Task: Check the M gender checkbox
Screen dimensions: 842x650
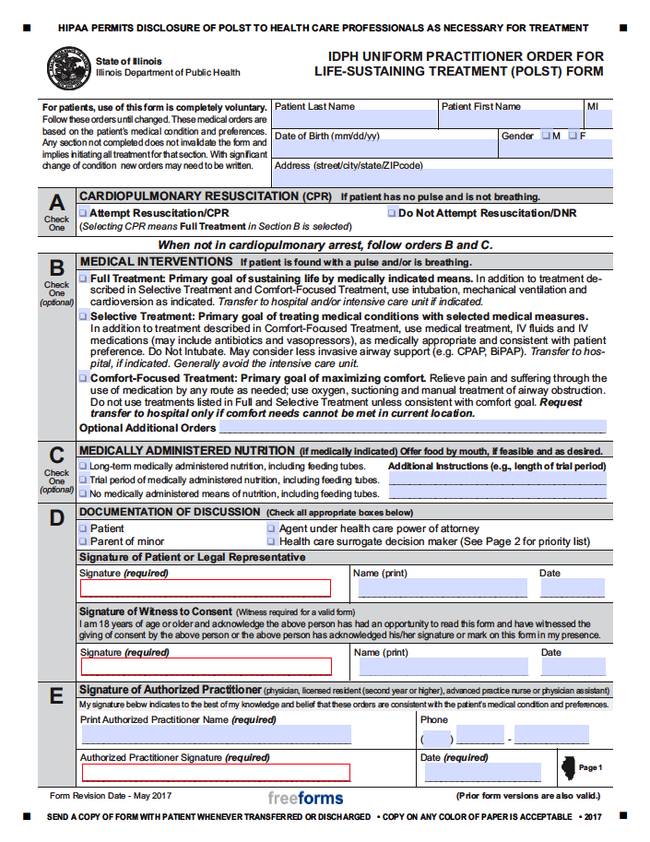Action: click(x=546, y=136)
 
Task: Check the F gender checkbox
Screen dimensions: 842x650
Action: click(x=573, y=136)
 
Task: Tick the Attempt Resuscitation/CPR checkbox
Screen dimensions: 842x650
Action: click(x=84, y=213)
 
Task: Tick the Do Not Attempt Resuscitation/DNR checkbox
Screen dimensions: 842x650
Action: click(x=392, y=213)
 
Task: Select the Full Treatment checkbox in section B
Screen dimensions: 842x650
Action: click(x=84, y=279)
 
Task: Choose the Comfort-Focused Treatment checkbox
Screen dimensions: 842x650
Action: click(x=84, y=378)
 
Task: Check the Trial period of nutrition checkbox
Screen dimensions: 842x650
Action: click(x=84, y=480)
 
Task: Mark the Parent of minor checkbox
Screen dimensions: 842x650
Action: click(x=84, y=541)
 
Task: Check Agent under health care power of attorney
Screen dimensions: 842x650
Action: click(x=271, y=528)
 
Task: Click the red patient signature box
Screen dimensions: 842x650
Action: click(x=206, y=588)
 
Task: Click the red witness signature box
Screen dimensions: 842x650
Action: click(x=206, y=667)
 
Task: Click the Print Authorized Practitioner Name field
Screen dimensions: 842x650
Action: click(x=216, y=735)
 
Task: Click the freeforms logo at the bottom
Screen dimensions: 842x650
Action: click(x=305, y=798)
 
